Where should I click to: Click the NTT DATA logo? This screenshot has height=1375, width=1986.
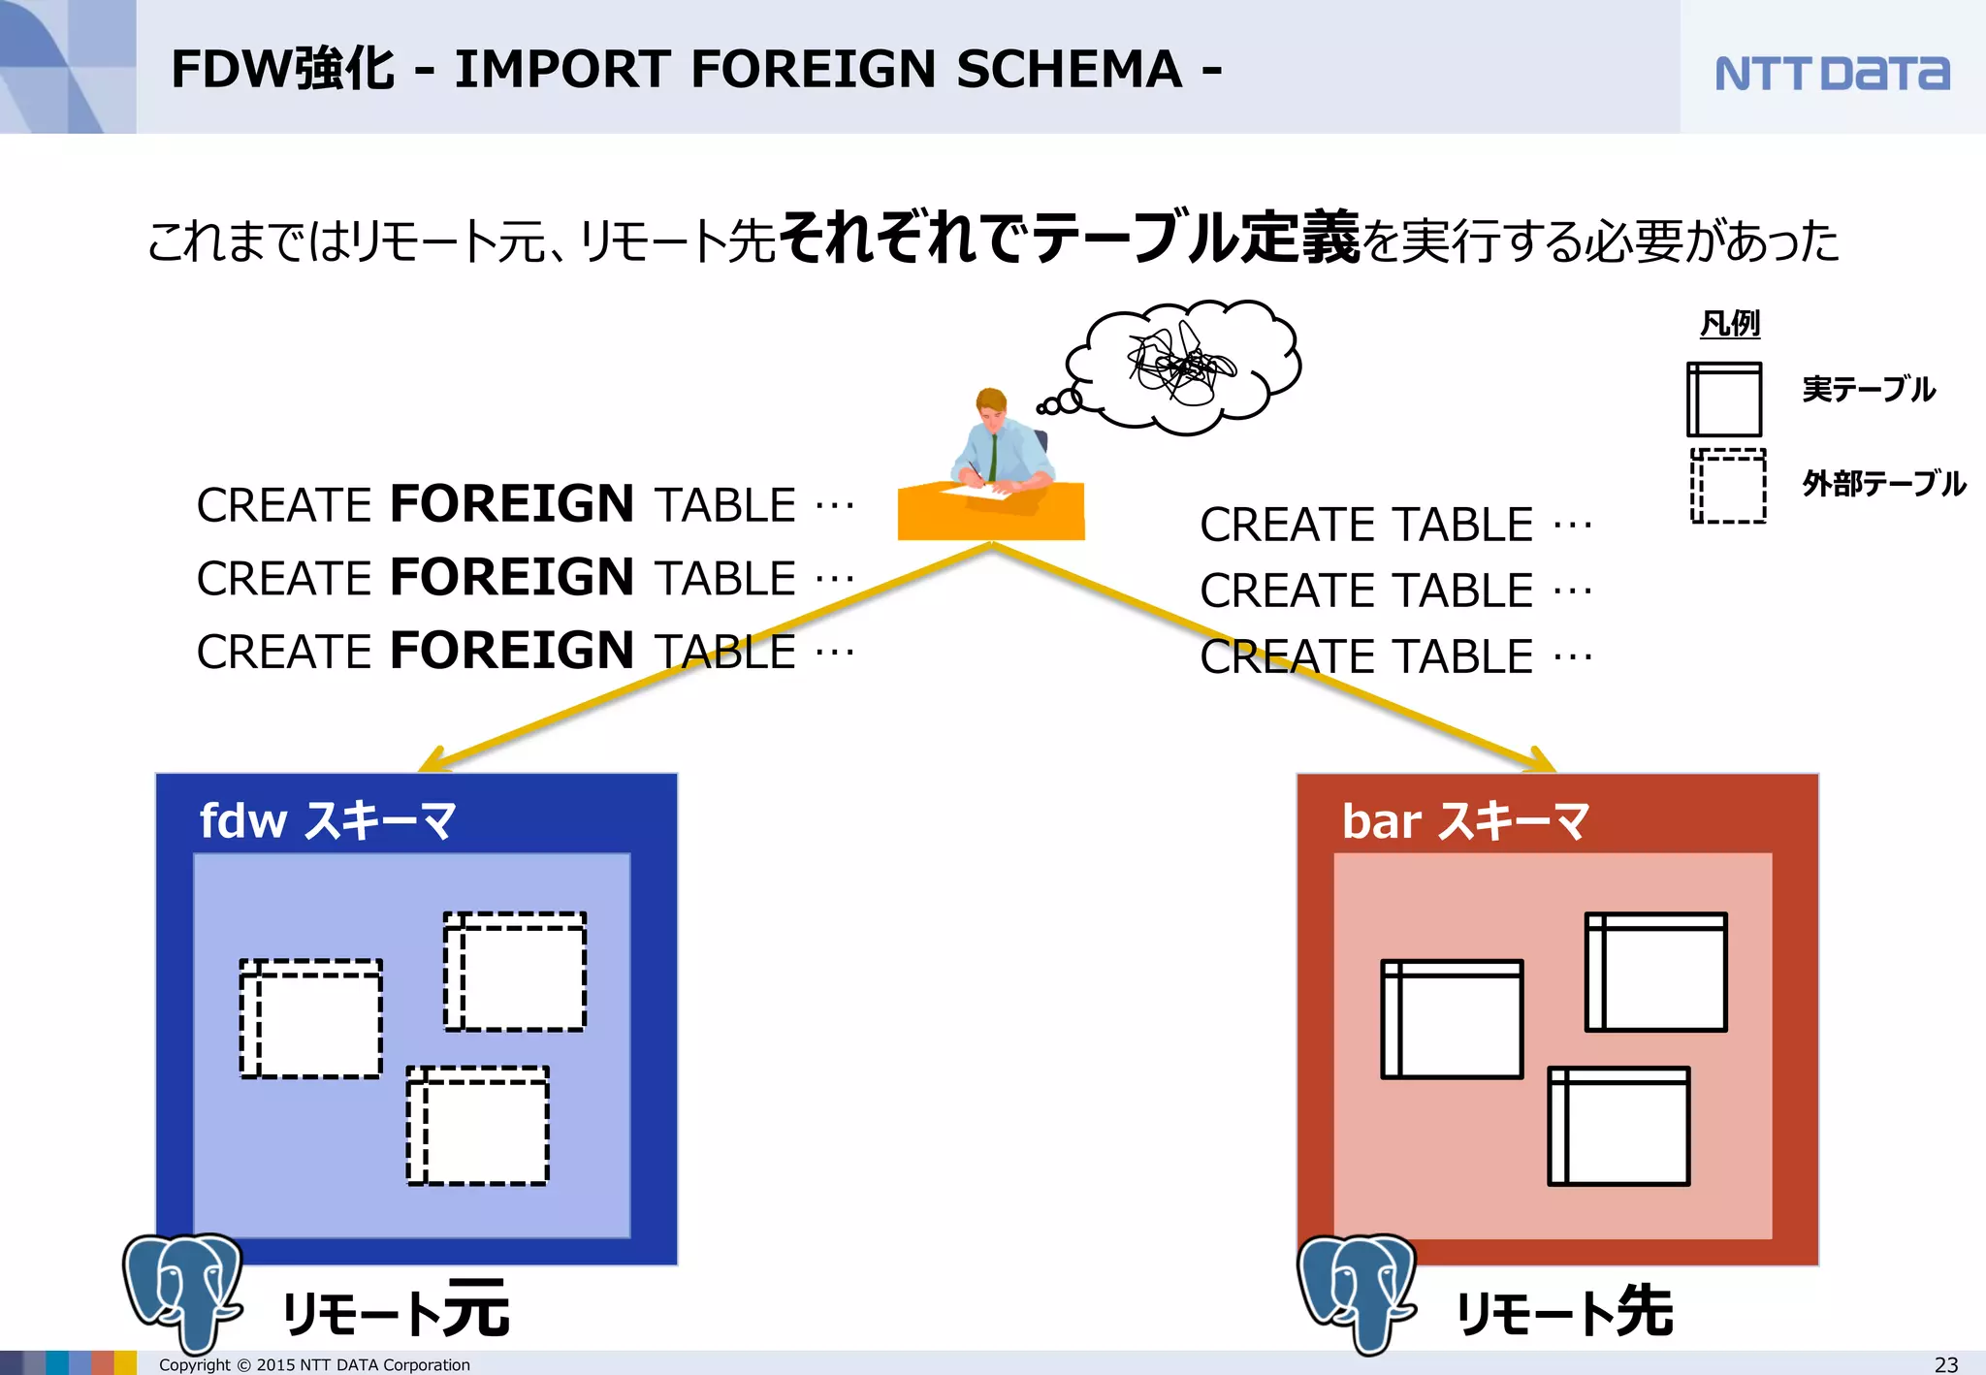click(x=1831, y=73)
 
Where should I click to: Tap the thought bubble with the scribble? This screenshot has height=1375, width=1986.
click(x=1183, y=366)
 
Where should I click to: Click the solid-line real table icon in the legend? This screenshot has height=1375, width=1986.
click(x=1724, y=400)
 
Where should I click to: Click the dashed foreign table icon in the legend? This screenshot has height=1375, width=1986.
click(x=1728, y=486)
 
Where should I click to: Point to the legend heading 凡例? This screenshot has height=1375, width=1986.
click(x=1730, y=324)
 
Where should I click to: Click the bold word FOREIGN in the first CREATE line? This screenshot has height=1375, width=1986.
click(x=512, y=504)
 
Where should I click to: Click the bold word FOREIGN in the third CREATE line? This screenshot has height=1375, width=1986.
click(x=512, y=651)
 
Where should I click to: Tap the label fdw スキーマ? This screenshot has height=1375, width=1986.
click(x=328, y=820)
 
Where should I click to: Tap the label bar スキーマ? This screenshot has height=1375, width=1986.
click(x=1464, y=820)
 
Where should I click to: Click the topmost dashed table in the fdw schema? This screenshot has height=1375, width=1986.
click(x=515, y=971)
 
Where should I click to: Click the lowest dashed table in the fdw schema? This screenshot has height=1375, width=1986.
click(x=477, y=1126)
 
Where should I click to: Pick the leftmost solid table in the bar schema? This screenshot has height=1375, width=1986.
click(x=1452, y=1019)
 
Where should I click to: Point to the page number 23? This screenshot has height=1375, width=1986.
click(x=1945, y=1364)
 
